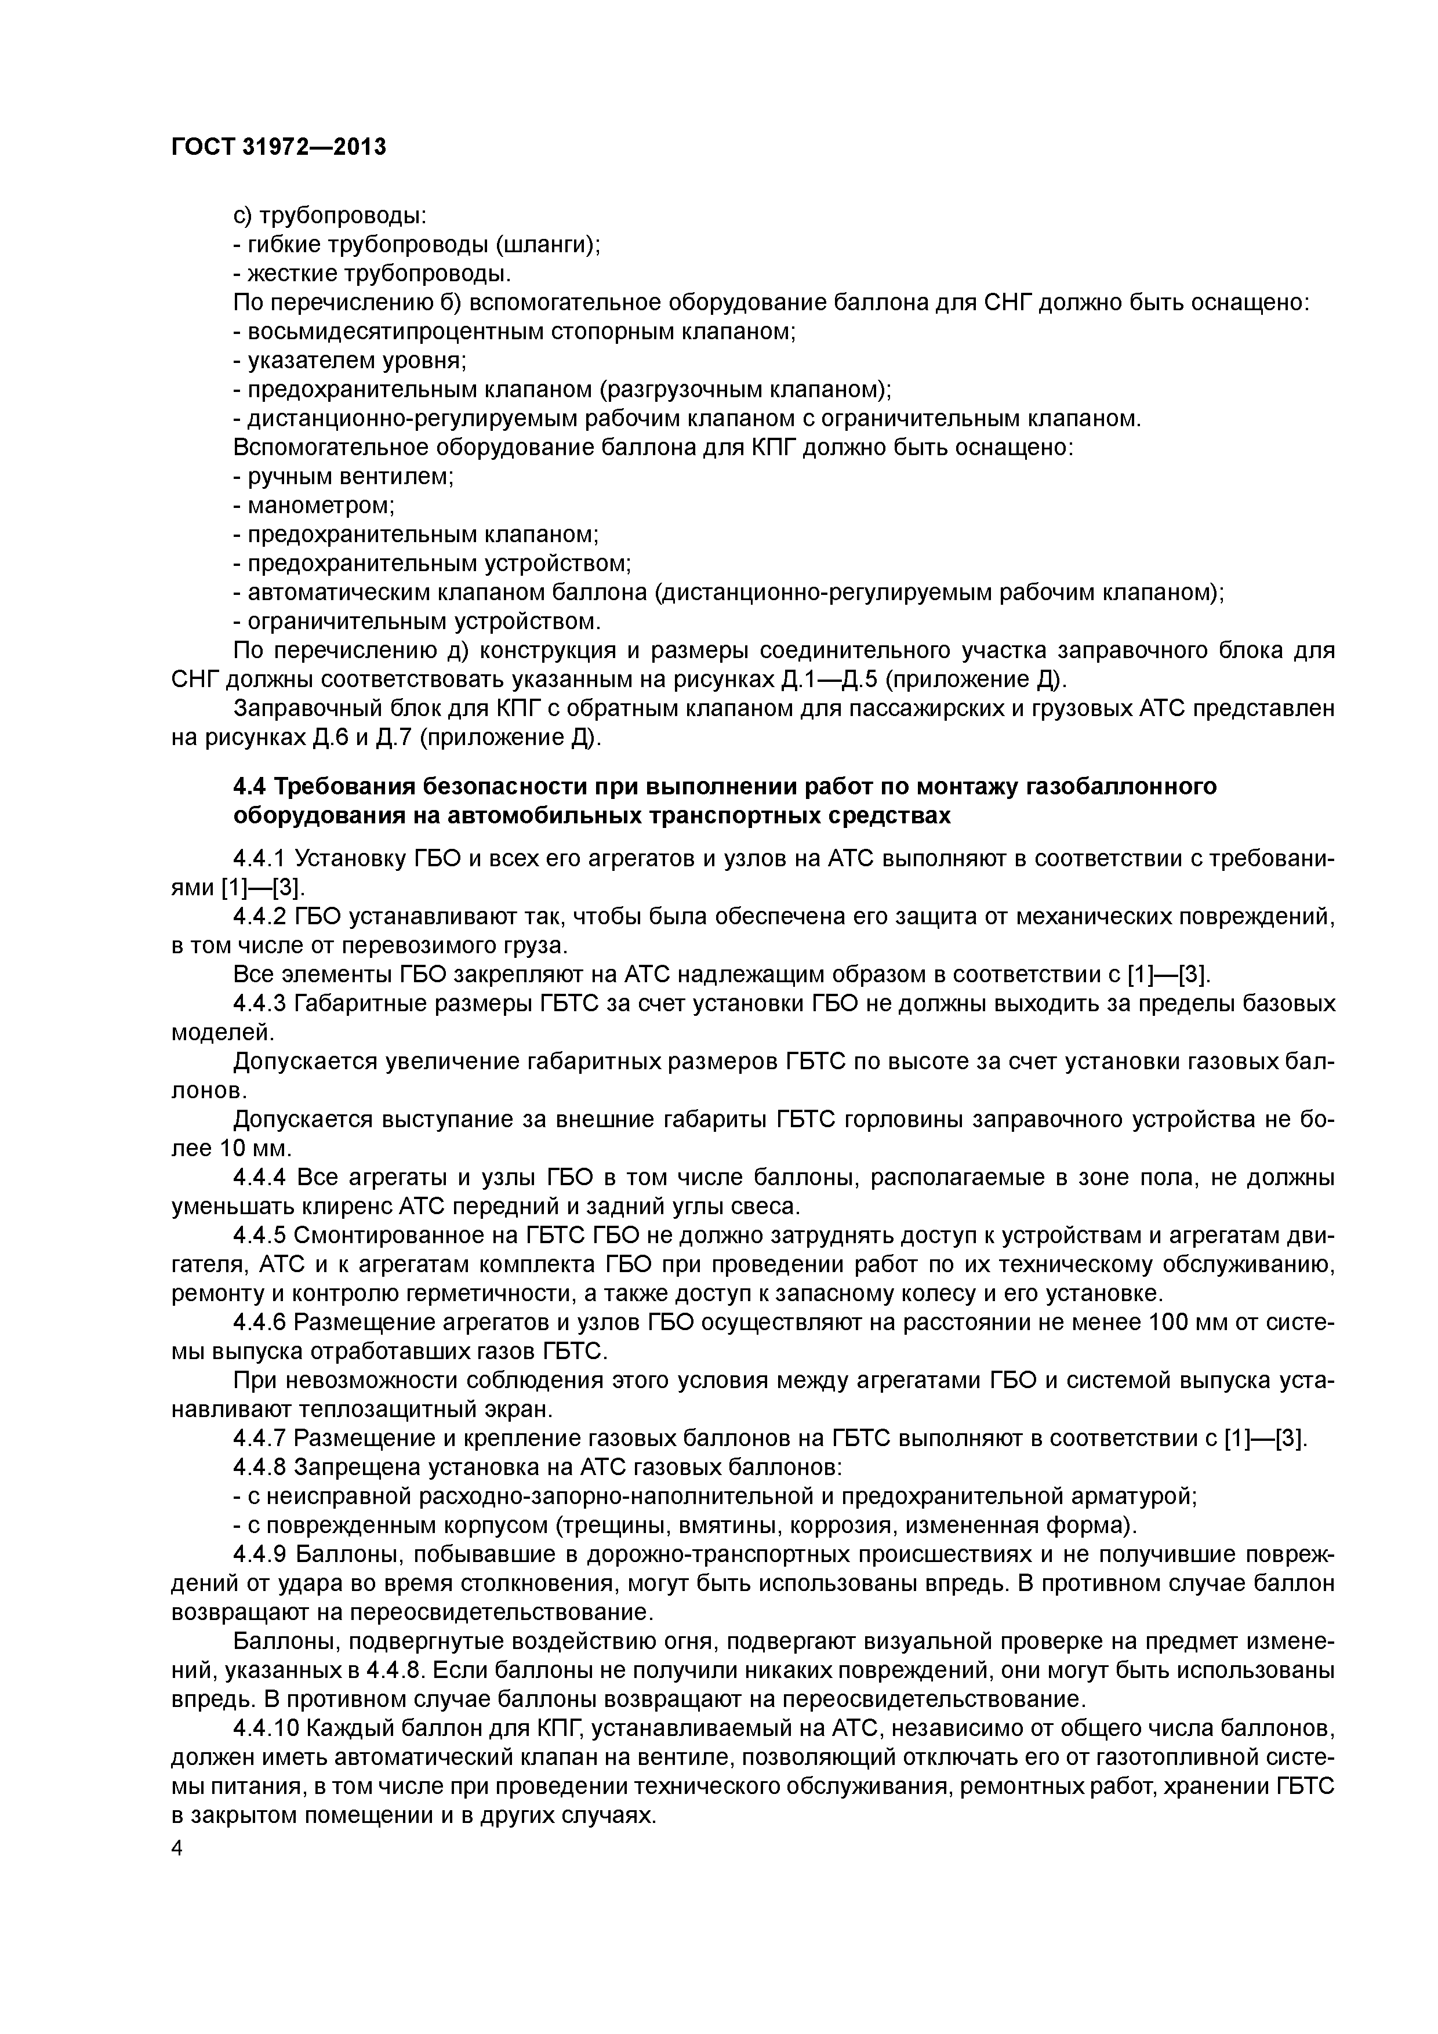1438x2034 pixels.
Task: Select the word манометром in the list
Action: click(320, 506)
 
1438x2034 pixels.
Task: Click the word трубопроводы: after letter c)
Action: click(343, 215)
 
